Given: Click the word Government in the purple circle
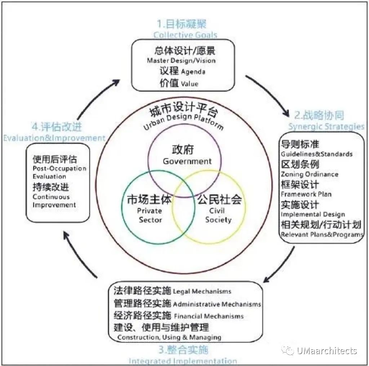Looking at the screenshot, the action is coord(187,161).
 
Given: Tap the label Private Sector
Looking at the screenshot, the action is coord(150,215).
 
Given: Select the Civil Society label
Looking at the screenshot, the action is coord(218,215).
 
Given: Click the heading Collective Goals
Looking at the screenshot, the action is coord(185,35).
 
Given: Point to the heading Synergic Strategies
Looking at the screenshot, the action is coord(326,127).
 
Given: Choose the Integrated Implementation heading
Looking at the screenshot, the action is coord(183,361).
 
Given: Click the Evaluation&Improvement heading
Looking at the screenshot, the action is coord(54,138).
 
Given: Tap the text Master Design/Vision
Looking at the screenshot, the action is coord(181,61).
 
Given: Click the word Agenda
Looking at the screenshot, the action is coord(193,72).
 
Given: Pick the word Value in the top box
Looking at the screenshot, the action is coord(190,84).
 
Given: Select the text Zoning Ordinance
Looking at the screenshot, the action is coord(310,174).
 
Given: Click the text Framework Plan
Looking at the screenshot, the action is coord(306,194).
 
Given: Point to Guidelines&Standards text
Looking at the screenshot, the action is coord(317,154).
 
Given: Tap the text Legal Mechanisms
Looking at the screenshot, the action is coord(202,291).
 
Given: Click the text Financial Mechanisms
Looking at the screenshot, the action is coord(209,316).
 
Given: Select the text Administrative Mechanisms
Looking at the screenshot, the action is coord(217,304).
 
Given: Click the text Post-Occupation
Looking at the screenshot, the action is coord(59,169).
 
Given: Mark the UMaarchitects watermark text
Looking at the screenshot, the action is coord(327,351).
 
